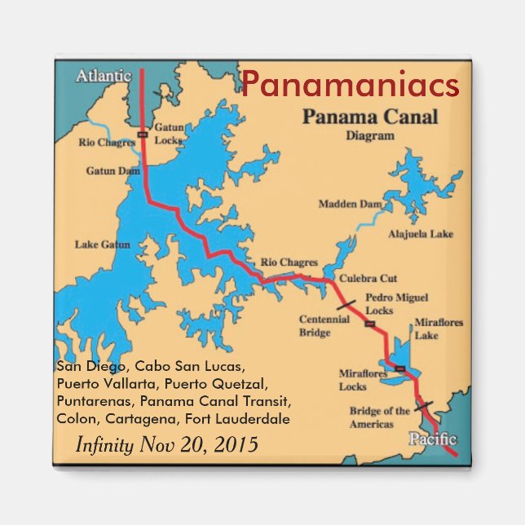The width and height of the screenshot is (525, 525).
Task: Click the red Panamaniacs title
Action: click(x=350, y=85)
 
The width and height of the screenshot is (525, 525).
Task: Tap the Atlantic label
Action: click(x=104, y=76)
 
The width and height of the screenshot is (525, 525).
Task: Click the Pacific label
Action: click(x=427, y=439)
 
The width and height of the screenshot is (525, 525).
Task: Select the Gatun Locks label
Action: click(x=169, y=134)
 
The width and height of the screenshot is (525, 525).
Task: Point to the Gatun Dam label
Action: click(x=113, y=171)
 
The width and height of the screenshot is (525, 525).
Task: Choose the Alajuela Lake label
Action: click(x=420, y=234)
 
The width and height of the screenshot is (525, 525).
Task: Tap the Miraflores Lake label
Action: click(x=439, y=329)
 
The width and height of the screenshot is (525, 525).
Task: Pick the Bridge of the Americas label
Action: click(x=379, y=417)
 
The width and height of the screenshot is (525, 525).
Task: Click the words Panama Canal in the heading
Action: click(x=370, y=117)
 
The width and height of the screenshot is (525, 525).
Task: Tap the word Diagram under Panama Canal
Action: click(x=369, y=136)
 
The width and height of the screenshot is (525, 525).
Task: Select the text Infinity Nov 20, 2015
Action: click(x=166, y=445)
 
